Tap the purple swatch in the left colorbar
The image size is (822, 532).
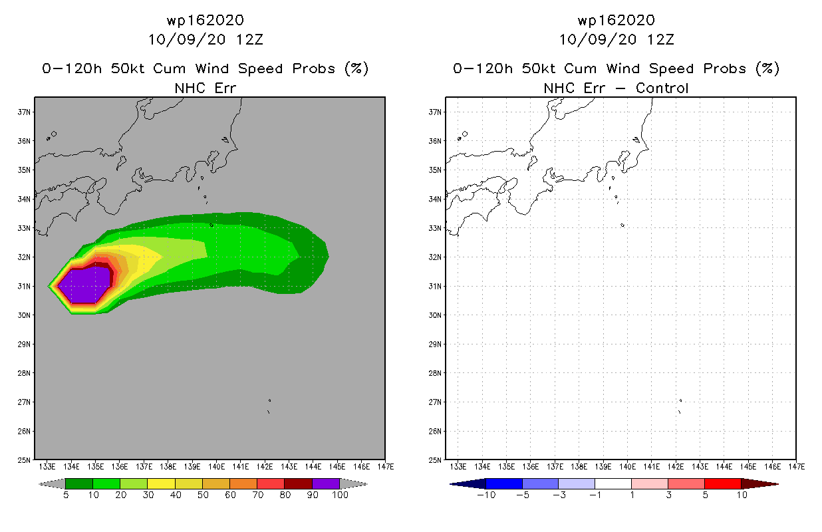click(326, 483)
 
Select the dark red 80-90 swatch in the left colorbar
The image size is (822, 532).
click(299, 483)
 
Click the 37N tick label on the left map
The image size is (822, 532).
click(24, 112)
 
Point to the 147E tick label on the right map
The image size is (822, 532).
click(797, 467)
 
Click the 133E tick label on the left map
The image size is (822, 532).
click(47, 467)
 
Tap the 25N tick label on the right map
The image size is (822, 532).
click(435, 460)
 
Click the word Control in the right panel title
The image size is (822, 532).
click(662, 88)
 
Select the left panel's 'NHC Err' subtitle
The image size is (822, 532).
click(205, 88)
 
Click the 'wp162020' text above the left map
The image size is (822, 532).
click(205, 20)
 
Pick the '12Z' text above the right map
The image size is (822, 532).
click(660, 39)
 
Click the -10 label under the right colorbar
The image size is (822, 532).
click(486, 495)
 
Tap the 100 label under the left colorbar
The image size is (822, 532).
click(340, 495)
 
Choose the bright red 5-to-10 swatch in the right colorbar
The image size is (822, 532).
click(722, 483)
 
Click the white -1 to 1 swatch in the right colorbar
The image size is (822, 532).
click(613, 483)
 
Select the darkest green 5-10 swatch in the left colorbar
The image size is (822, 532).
click(79, 483)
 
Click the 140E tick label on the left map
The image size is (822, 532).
click(216, 467)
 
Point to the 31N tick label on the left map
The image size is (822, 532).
click(24, 286)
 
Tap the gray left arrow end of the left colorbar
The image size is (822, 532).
click(52, 484)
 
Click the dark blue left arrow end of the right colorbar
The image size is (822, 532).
click(468, 484)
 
